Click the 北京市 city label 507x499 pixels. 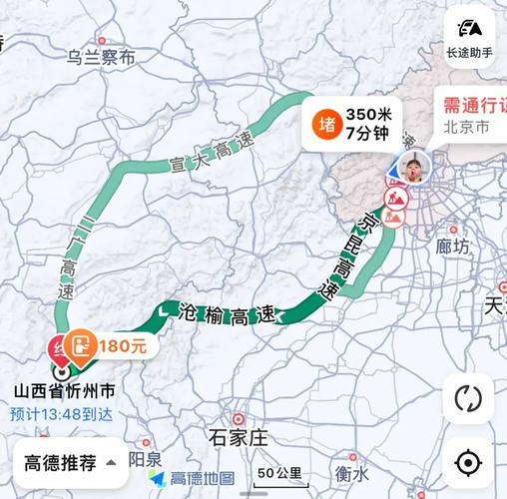(466, 128)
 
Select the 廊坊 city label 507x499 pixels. (452, 246)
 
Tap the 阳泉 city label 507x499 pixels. (147, 458)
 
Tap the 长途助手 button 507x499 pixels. (469, 37)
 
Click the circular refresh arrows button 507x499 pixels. (467, 398)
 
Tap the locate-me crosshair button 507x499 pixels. (467, 462)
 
